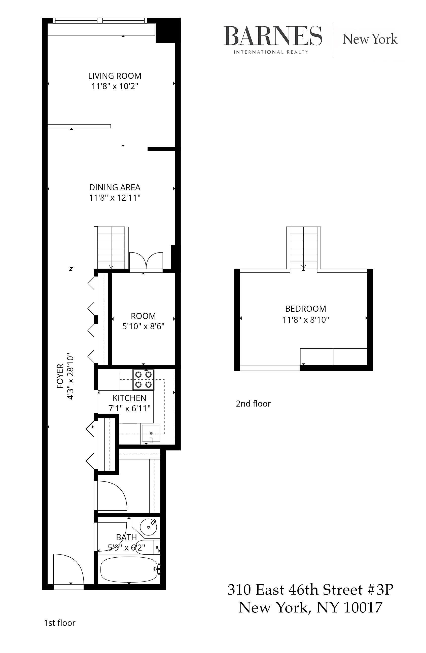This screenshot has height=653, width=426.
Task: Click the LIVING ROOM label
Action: (x=115, y=76)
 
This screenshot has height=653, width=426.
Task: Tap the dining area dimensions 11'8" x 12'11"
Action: (x=115, y=198)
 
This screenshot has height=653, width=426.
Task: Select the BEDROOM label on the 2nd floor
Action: (x=305, y=309)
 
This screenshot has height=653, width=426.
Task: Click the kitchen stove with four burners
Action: (x=144, y=379)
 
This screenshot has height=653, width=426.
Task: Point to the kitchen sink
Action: (x=151, y=433)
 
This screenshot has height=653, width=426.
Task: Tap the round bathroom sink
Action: (x=149, y=527)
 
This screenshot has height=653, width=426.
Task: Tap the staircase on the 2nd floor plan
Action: (x=303, y=248)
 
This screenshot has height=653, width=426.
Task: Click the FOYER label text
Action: (x=60, y=376)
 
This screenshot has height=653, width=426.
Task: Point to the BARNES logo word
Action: (x=273, y=36)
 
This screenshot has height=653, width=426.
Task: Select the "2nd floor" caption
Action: (x=253, y=404)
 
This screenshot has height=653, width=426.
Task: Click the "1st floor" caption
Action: (x=60, y=623)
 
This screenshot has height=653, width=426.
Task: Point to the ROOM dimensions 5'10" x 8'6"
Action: (x=143, y=326)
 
